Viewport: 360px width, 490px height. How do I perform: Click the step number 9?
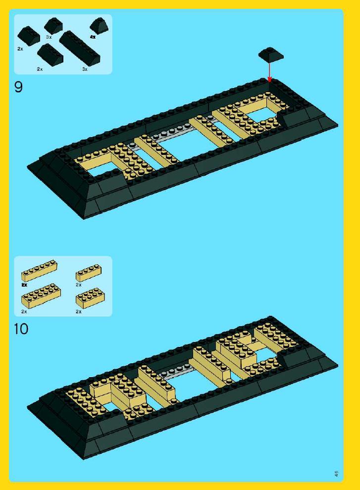18,87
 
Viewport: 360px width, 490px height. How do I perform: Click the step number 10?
21,329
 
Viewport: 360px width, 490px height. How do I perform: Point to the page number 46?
337,474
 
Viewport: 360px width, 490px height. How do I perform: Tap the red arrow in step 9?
269,72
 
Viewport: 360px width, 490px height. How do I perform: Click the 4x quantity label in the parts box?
93,37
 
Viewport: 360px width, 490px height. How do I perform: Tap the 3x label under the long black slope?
85,69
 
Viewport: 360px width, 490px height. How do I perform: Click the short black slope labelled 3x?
53,26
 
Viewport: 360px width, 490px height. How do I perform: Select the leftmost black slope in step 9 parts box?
28,35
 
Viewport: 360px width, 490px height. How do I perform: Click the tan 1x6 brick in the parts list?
40,270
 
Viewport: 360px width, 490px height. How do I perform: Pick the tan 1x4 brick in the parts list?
89,273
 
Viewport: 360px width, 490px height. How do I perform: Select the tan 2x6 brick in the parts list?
41,295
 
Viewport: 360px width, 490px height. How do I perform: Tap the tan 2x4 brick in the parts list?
91,298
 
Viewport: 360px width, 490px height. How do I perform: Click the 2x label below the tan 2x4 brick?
79,311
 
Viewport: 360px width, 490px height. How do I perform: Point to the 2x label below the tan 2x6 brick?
24,311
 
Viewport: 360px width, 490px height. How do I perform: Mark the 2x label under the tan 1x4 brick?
79,285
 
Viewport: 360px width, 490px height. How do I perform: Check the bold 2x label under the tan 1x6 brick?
24,285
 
